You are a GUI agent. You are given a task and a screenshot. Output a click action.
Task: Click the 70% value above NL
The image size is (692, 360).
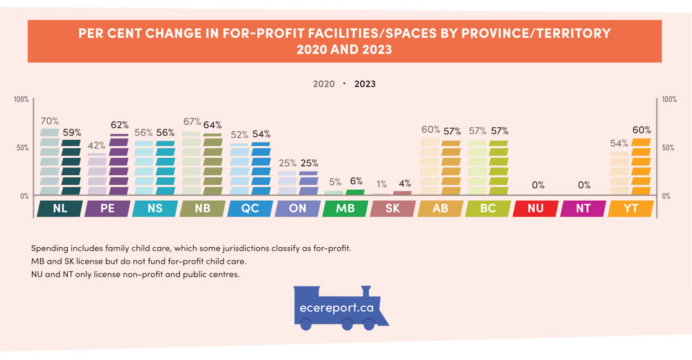[50, 121]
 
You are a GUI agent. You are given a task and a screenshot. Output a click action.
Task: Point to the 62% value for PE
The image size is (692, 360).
[120, 125]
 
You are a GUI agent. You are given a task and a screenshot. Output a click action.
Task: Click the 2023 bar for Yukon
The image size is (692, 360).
[641, 167]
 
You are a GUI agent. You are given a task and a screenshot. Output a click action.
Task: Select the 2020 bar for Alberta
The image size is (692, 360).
[430, 167]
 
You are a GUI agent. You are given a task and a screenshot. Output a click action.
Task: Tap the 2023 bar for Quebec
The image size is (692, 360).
[261, 169]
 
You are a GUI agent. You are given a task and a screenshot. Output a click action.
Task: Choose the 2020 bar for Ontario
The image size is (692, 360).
[287, 183]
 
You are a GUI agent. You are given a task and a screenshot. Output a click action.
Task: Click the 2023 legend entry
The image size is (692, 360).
[365, 84]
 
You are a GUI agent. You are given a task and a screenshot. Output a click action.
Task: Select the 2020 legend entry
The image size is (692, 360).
[324, 84]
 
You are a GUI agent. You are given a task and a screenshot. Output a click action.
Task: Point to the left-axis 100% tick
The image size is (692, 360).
[21, 100]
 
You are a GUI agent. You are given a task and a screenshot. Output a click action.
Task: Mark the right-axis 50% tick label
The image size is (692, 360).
[669, 147]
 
